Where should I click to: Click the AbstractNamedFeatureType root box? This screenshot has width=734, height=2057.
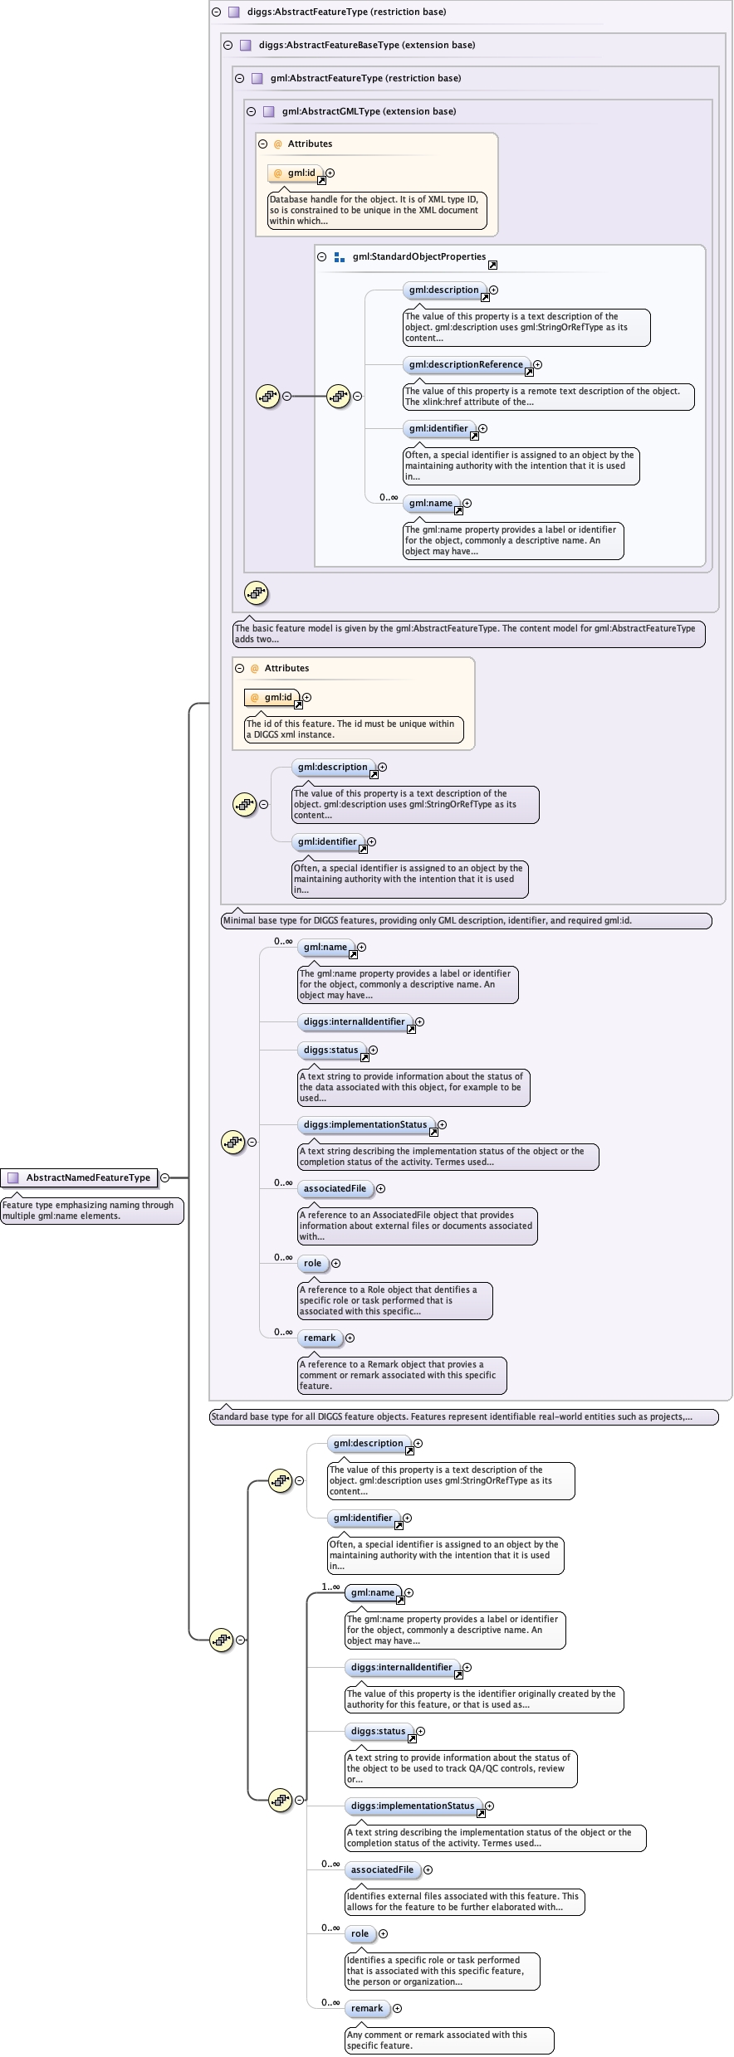(80, 1177)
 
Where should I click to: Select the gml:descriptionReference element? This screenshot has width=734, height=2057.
(466, 364)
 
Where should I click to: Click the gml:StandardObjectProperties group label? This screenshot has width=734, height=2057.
(418, 256)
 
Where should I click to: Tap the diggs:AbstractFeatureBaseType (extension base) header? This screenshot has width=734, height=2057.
(366, 45)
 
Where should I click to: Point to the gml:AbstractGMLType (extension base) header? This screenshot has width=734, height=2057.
(369, 111)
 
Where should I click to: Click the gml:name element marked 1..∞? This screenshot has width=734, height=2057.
(372, 1592)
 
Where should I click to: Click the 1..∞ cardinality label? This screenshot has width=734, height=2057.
(330, 1587)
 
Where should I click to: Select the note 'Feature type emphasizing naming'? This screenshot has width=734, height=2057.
(91, 1211)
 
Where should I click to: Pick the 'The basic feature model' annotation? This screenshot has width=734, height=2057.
(468, 633)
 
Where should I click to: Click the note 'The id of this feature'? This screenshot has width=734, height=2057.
(353, 729)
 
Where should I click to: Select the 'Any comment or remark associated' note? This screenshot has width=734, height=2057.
(448, 2040)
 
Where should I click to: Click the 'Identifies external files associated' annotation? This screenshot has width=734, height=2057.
(464, 1901)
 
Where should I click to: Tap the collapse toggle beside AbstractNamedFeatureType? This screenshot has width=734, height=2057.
(164, 1177)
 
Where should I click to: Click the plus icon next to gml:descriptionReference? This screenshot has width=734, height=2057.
(538, 364)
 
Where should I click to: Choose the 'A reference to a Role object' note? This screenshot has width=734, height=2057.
(394, 1300)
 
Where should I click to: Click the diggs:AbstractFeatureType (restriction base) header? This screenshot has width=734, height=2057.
(346, 12)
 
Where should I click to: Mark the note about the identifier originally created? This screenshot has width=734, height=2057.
(483, 1699)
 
